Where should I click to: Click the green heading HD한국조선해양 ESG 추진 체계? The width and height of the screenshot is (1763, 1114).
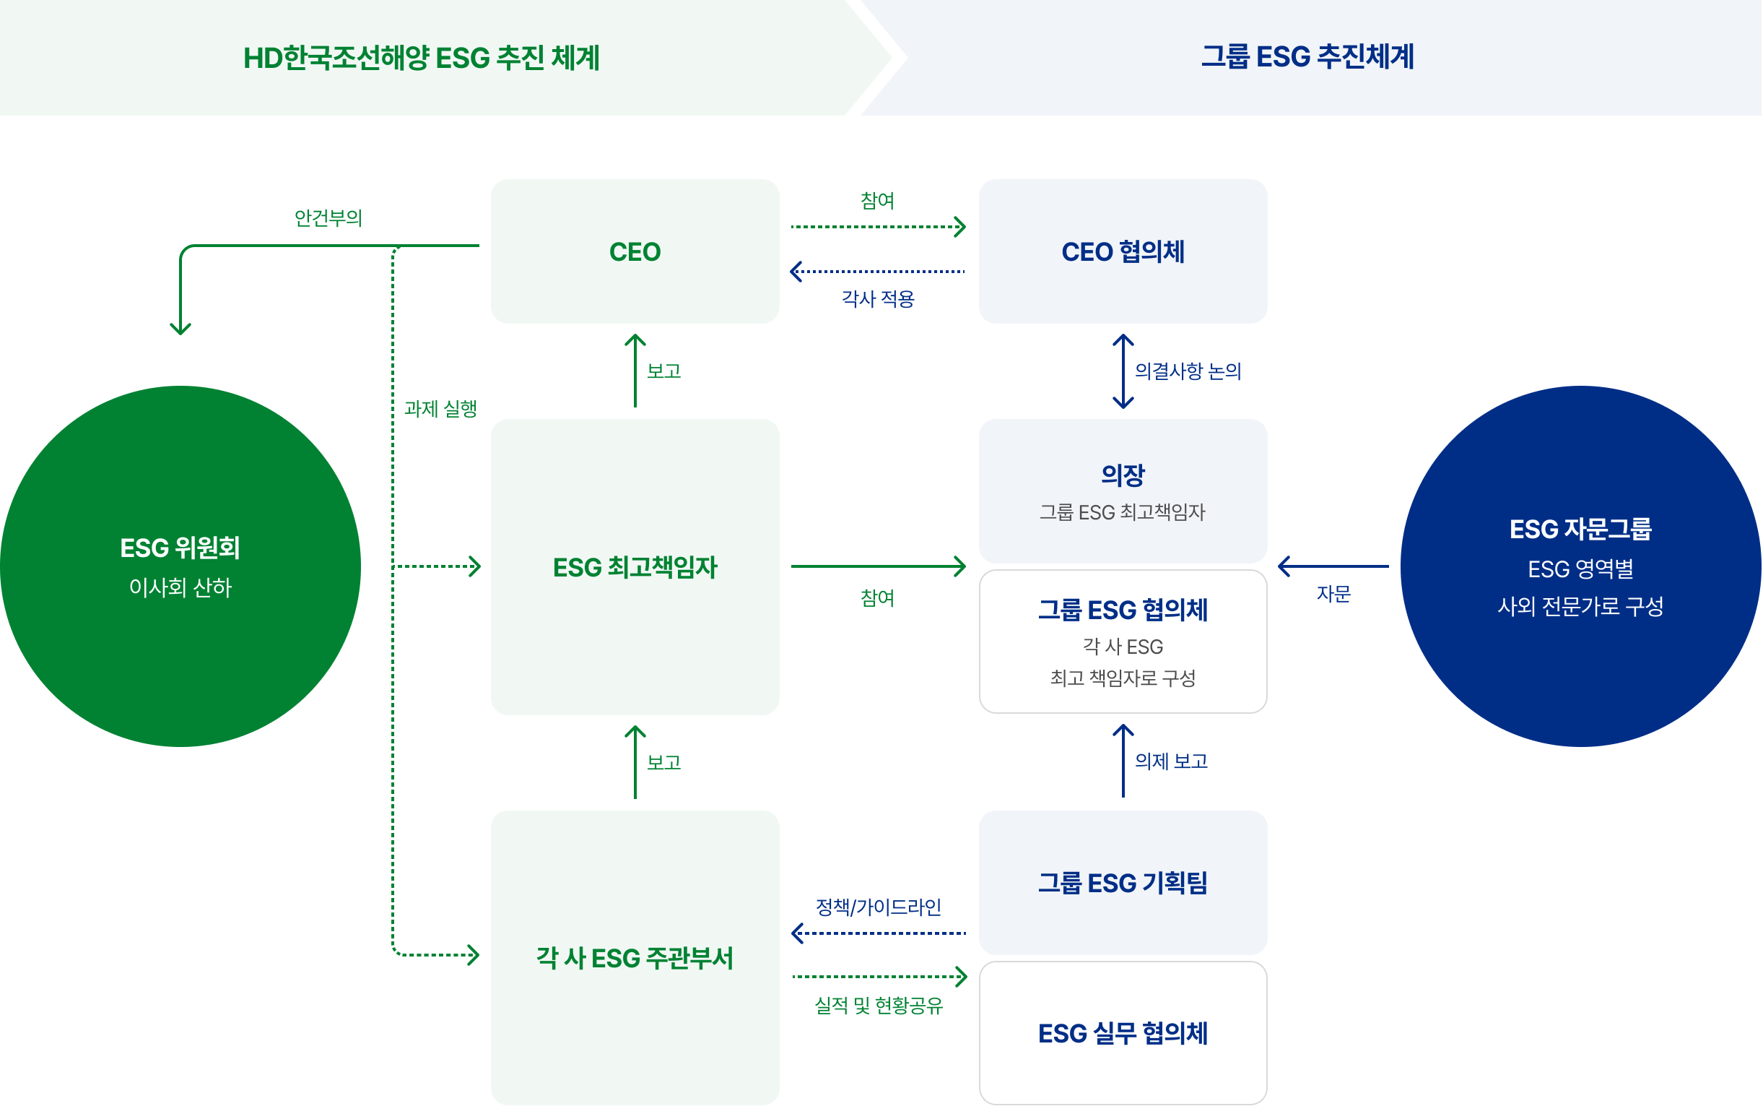pyautogui.click(x=422, y=58)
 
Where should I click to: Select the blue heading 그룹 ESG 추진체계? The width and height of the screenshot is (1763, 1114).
pyautogui.click(x=1308, y=57)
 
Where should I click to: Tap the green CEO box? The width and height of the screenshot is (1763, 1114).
pyautogui.click(x=635, y=251)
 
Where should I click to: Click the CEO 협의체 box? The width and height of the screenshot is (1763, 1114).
pyautogui.click(x=1123, y=251)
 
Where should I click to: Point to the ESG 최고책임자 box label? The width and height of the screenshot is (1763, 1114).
pyautogui.click(x=635, y=567)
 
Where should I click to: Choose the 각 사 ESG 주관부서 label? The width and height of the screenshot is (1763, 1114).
pyautogui.click(x=635, y=957)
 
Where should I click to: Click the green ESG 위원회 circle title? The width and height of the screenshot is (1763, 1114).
pyautogui.click(x=180, y=548)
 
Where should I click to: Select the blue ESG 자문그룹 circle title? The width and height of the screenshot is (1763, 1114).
pyautogui.click(x=1580, y=529)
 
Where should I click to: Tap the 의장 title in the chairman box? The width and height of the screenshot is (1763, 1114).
pyautogui.click(x=1123, y=475)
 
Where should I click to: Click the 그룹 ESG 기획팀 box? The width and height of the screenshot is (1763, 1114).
pyautogui.click(x=1123, y=883)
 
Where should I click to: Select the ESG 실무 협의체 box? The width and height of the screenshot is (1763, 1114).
pyautogui.click(x=1123, y=1033)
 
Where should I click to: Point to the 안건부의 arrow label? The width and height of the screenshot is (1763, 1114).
pyautogui.click(x=328, y=217)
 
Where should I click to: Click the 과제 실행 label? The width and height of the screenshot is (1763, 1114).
pyautogui.click(x=440, y=408)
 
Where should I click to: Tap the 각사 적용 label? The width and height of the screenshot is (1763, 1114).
pyautogui.click(x=878, y=298)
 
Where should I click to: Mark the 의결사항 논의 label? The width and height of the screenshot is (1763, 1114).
pyautogui.click(x=1188, y=371)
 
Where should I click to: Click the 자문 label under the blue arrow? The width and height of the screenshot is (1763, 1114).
pyautogui.click(x=1334, y=593)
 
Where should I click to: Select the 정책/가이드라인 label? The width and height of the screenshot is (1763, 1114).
pyautogui.click(x=879, y=907)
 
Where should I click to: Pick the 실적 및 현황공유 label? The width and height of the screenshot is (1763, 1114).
pyautogui.click(x=879, y=1005)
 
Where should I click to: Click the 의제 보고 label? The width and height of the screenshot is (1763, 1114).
pyautogui.click(x=1172, y=761)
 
